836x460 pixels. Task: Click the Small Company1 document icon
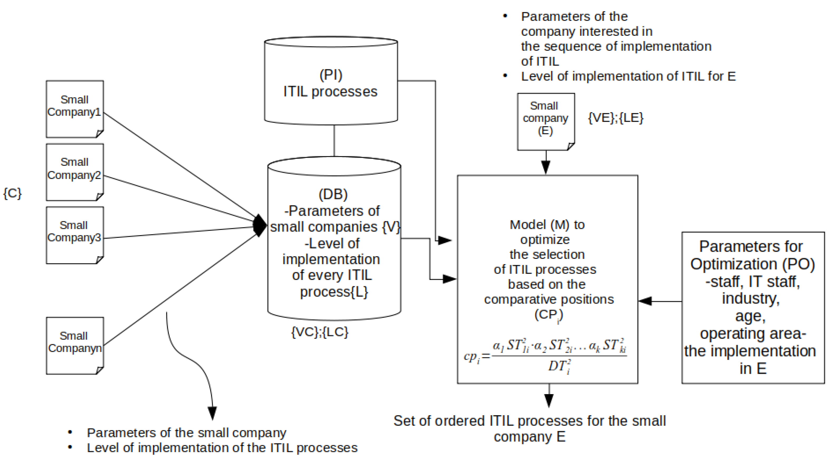point(75,109)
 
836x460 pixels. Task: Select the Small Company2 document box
point(75,172)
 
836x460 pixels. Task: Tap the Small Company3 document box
point(75,235)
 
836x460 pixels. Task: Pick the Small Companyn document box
point(75,346)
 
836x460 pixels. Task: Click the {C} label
point(12,193)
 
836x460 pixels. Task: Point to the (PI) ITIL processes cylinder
point(331,81)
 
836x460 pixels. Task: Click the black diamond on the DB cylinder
point(260,225)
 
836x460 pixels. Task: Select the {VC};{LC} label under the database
point(320,332)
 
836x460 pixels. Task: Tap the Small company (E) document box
point(546,121)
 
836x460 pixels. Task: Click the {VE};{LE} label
point(615,117)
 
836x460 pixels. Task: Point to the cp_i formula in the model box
point(545,356)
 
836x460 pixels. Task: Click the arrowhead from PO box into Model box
point(645,301)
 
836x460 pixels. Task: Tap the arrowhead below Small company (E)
point(546,167)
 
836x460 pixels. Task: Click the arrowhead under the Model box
point(549,400)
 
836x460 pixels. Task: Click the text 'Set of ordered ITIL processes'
point(529,421)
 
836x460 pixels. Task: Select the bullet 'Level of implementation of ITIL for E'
point(628,76)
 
